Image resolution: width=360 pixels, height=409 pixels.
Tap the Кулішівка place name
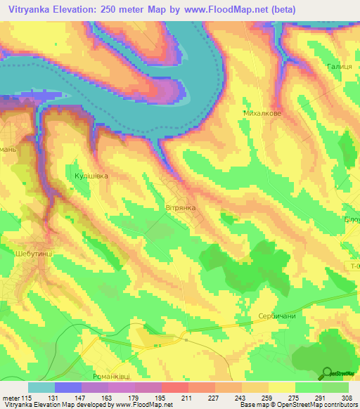point(91,176)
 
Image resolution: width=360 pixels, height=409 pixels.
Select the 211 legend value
point(187,397)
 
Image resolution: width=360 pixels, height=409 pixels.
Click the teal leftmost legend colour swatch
point(41,387)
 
